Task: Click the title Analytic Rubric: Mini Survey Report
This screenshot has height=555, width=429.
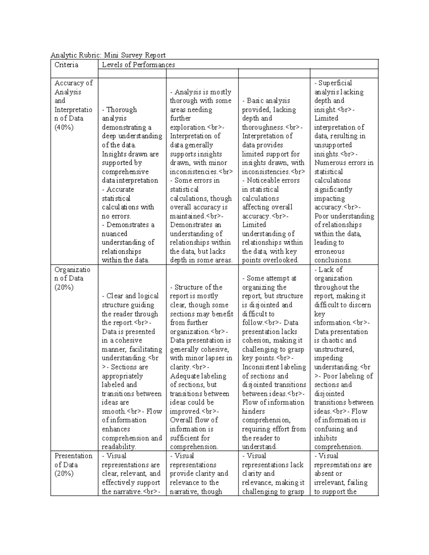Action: [x=108, y=55]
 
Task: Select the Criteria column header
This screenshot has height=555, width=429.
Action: [x=66, y=65]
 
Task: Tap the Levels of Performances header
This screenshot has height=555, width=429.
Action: [x=138, y=65]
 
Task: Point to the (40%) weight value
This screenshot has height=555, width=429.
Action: [x=64, y=127]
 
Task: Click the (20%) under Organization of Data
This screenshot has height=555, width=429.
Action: [x=64, y=287]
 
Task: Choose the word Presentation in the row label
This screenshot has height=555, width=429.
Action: [x=73, y=456]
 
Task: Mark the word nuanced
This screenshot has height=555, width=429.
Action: [x=114, y=234]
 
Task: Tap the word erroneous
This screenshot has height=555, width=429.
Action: [x=329, y=252]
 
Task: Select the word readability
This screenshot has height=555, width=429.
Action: [x=119, y=447]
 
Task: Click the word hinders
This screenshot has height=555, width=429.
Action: [x=253, y=411]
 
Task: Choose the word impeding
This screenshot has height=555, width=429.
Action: [x=328, y=358]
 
